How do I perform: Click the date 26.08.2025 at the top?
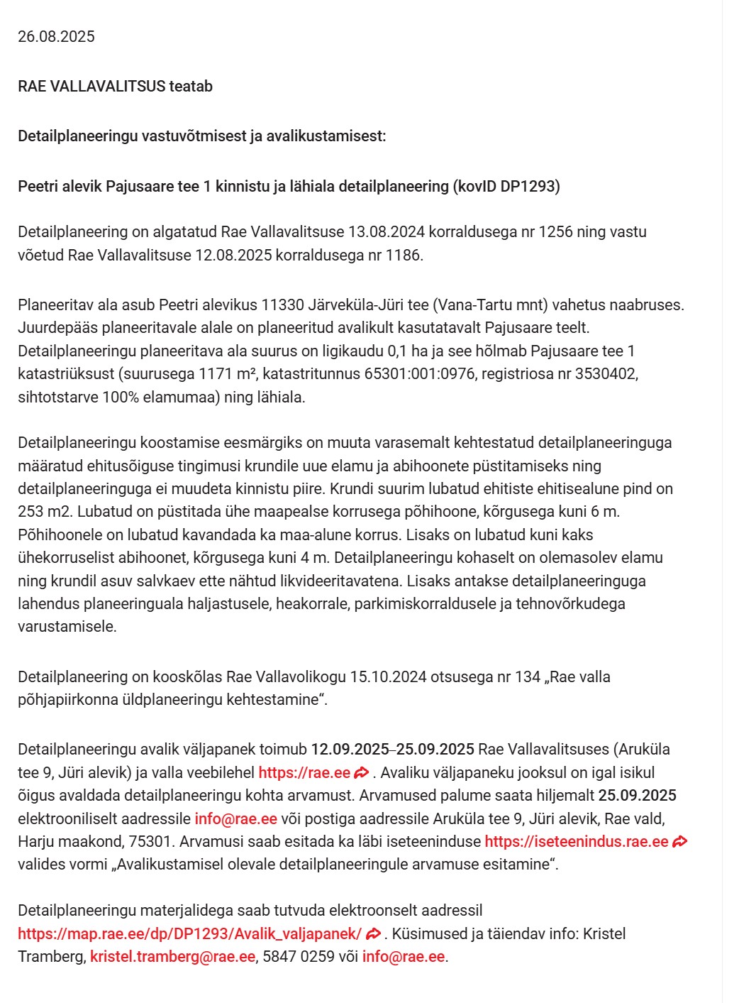[x=56, y=37]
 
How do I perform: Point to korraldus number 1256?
[x=555, y=232]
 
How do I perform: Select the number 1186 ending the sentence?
[x=403, y=255]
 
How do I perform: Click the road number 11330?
[x=282, y=305]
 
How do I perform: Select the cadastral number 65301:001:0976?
[x=419, y=374]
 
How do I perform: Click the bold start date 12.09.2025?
[x=350, y=750]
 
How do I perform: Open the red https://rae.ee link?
[x=304, y=773]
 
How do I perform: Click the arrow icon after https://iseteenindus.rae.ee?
[x=679, y=842]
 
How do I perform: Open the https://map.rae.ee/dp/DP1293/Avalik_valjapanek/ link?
[x=189, y=934]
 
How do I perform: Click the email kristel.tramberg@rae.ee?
[x=172, y=957]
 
